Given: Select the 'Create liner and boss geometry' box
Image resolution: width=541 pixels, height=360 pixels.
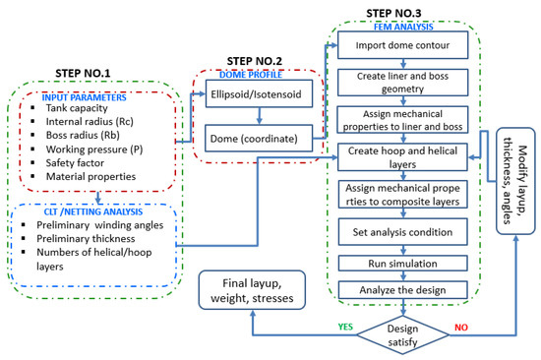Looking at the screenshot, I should pos(393,83).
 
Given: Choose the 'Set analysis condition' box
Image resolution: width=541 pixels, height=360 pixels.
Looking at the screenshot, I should pos(393,233).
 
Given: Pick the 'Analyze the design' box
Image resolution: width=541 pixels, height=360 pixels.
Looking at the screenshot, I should pos(393,289).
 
